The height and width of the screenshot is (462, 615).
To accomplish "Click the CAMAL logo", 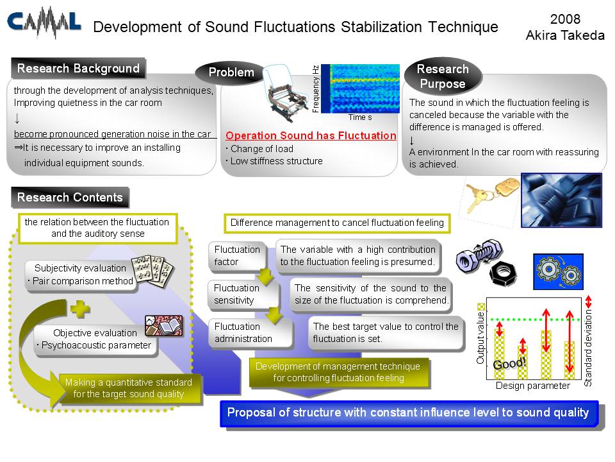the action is (x=44, y=22).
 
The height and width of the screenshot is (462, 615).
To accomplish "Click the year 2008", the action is (x=565, y=19).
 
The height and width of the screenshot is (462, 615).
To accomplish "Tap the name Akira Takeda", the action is (x=565, y=35).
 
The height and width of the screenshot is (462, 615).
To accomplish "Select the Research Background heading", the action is (x=78, y=69).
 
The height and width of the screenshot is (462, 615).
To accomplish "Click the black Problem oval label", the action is (x=231, y=73).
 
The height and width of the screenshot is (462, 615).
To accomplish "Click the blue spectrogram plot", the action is (x=360, y=89).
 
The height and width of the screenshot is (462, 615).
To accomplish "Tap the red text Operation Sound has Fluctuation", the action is (x=311, y=135).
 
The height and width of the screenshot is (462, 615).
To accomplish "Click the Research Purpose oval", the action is (x=443, y=76).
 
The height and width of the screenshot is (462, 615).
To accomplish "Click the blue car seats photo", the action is (x=561, y=200).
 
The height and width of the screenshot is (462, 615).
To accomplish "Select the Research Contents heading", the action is (x=70, y=197).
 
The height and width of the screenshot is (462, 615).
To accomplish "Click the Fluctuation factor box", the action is (x=237, y=256).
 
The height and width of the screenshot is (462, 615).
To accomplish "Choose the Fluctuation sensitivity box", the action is (x=243, y=295).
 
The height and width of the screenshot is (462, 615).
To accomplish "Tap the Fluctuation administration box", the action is (x=250, y=333).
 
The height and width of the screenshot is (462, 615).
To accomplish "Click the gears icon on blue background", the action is (x=558, y=271).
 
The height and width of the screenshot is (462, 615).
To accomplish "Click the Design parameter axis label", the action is (x=532, y=386).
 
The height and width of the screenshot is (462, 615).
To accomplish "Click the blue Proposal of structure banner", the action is (x=409, y=413).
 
